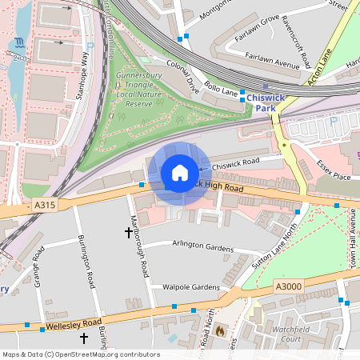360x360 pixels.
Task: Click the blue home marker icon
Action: (x=180, y=173)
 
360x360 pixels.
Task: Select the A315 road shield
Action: (x=46, y=206)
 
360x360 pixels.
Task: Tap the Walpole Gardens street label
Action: (x=190, y=286)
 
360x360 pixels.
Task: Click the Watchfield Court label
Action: (x=286, y=333)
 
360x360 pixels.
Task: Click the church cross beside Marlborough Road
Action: (x=128, y=233)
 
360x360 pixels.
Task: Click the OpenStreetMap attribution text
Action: (x=80, y=354)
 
